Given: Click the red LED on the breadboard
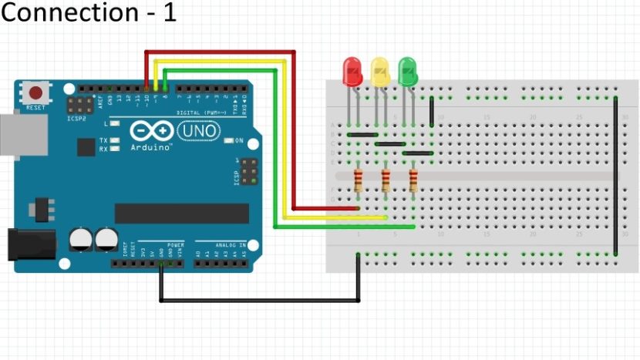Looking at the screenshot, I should pyautogui.click(x=352, y=71).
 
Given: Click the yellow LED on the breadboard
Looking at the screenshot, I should pyautogui.click(x=380, y=71).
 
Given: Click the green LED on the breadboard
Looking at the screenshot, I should pyautogui.click(x=408, y=71).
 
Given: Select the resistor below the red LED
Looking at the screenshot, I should pyautogui.click(x=358, y=181).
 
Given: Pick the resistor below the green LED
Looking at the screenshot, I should pyautogui.click(x=413, y=181).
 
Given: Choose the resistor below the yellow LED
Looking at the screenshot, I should pyautogui.click(x=386, y=181).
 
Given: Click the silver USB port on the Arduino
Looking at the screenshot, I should pyautogui.click(x=9, y=135).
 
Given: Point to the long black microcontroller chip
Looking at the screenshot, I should pyautogui.click(x=182, y=214).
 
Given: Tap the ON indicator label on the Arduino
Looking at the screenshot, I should pyautogui.click(x=239, y=140).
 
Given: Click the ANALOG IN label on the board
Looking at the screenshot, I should pyautogui.click(x=231, y=245).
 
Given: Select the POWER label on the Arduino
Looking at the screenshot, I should pyautogui.click(x=175, y=245).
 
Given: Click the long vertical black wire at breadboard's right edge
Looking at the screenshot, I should pyautogui.click(x=615, y=176).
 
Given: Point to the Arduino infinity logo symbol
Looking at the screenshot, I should pyautogui.click(x=149, y=131).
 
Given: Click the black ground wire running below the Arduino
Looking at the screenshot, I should pyautogui.click(x=258, y=300).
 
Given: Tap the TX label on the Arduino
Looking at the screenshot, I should pyautogui.click(x=103, y=140).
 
